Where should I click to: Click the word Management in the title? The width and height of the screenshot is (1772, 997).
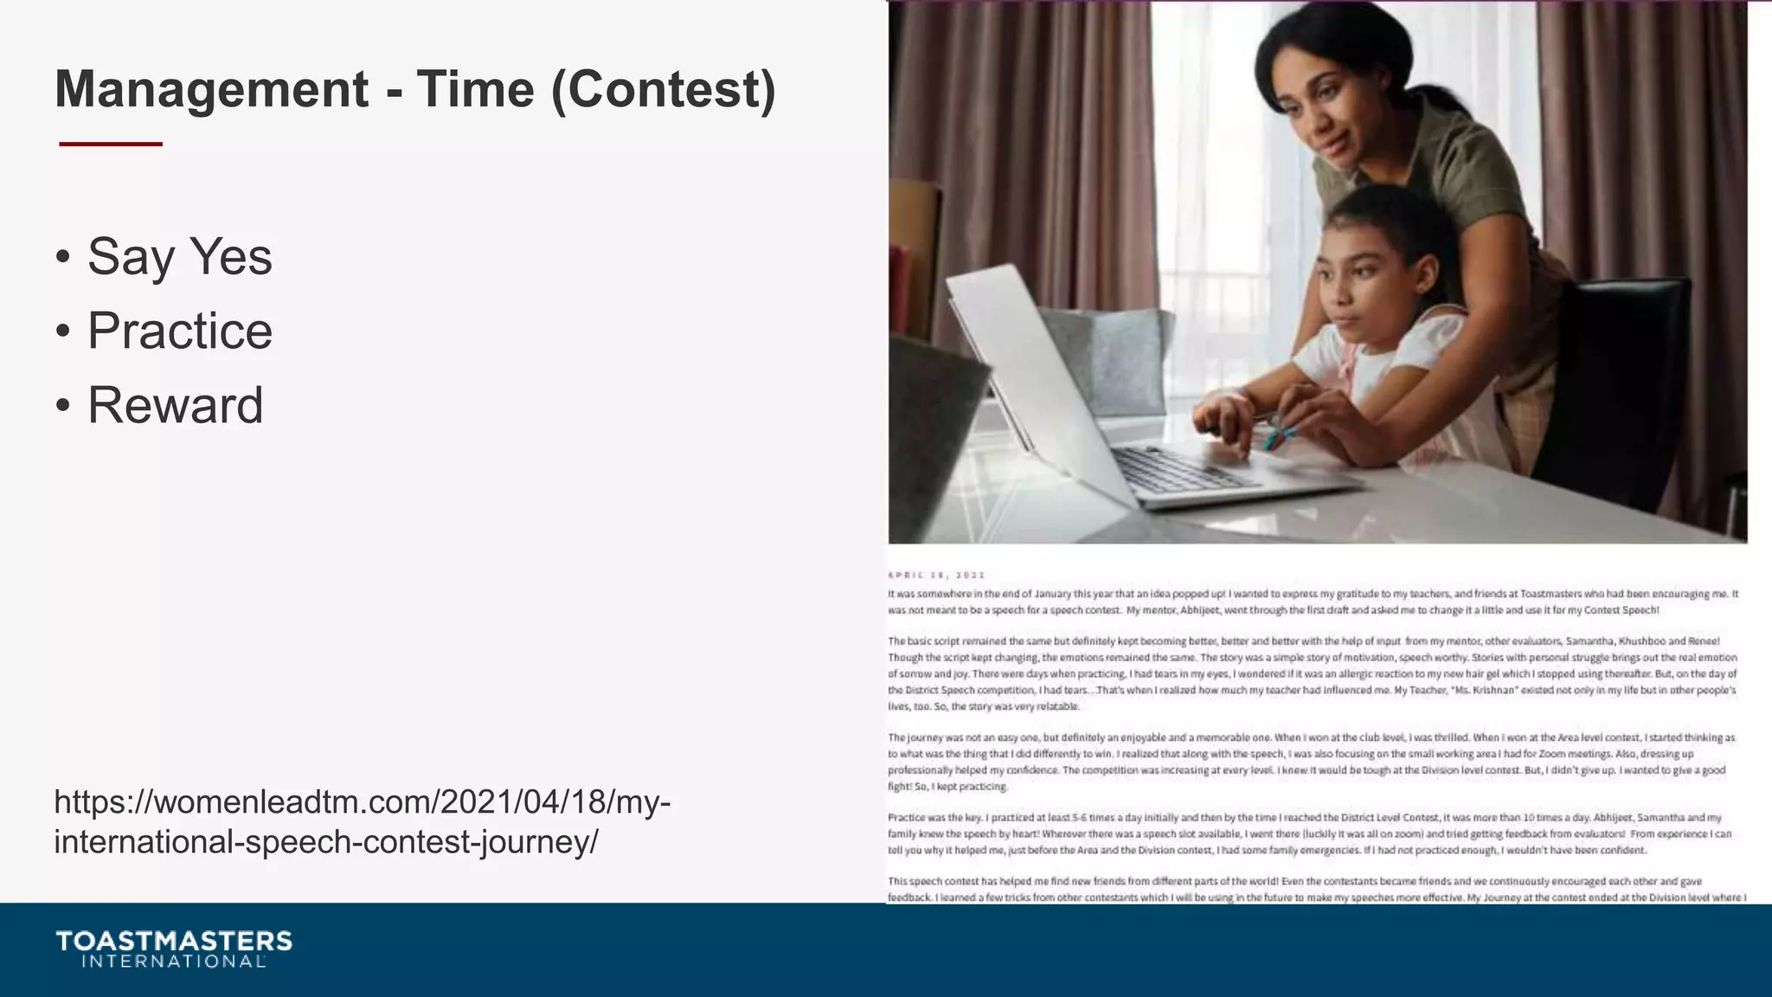pos(212,90)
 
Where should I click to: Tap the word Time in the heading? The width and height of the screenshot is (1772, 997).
pos(475,90)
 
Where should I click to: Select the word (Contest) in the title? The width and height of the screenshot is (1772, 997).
pos(664,90)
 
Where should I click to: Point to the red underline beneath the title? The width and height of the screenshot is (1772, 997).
pos(111,144)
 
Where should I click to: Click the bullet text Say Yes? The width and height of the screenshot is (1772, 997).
pos(180,257)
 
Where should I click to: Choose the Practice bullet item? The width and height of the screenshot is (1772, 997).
pos(180,331)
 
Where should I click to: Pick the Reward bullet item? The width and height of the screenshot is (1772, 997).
pos(176,406)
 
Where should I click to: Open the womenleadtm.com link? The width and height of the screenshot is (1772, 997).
pos(362,821)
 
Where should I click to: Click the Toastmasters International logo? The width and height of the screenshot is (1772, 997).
pos(174,949)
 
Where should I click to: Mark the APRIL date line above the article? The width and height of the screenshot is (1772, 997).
pos(936,575)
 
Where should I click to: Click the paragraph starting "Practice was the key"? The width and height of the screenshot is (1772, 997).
pos(1310,833)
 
